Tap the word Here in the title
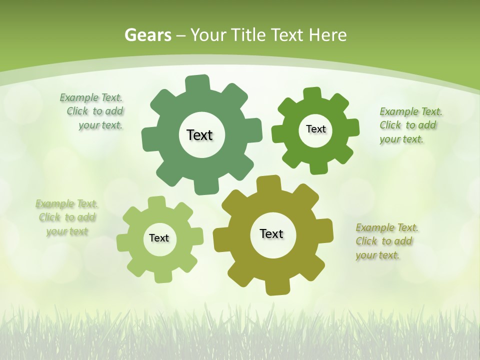[328, 35]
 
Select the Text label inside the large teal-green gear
[199, 135]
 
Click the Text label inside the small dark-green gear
[315, 129]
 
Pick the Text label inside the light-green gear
[159, 238]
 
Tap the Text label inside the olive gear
[271, 233]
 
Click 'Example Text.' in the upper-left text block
[91, 97]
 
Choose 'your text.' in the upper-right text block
[401, 139]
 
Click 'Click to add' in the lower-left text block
[67, 217]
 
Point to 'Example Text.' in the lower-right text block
[387, 227]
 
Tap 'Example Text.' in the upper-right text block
[411, 111]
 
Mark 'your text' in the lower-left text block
[67, 231]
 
